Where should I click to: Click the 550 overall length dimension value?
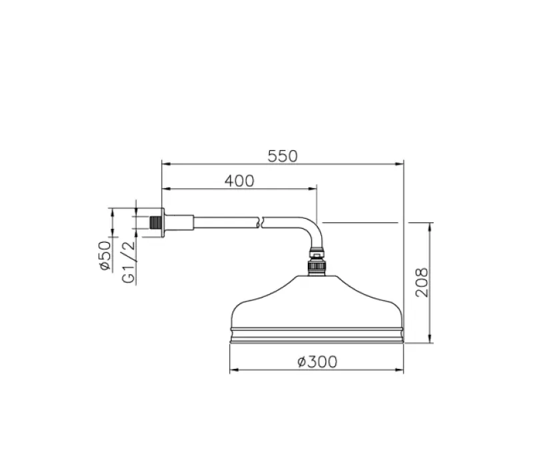pos(282,156)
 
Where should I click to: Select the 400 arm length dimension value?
pos(239,181)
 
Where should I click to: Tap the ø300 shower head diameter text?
pos(317,362)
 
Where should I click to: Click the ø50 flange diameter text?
pos(104,256)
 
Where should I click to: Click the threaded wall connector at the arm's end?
pos(156,221)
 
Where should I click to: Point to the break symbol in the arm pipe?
pos(262,221)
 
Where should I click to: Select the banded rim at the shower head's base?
pos(317,335)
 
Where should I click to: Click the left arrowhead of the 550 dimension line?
pos(165,163)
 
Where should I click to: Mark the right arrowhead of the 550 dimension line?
pos(400,163)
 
